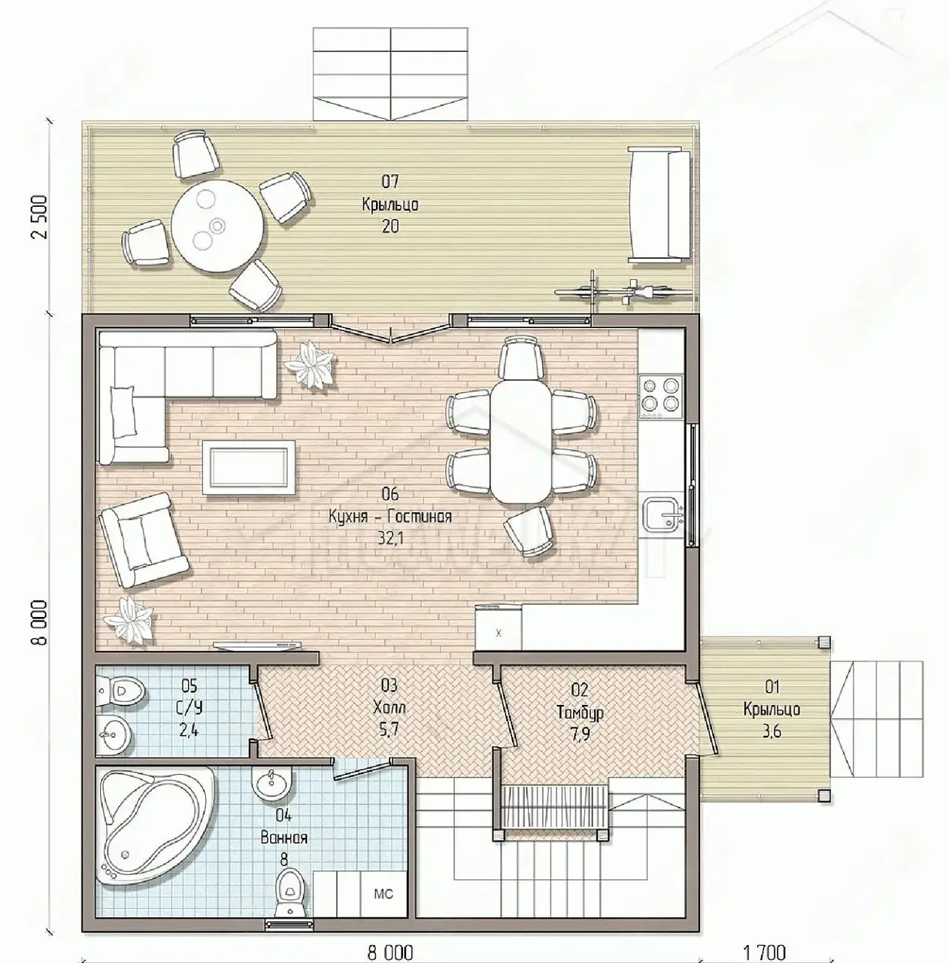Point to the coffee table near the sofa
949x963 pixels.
tap(248, 467)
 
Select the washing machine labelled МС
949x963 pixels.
tap(384, 894)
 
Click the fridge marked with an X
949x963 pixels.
tap(499, 627)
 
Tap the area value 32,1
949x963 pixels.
tap(390, 538)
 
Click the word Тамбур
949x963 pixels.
tap(580, 712)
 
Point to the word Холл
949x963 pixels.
tap(390, 707)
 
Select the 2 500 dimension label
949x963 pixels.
tap(40, 217)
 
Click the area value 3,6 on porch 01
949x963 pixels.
tap(772, 731)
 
